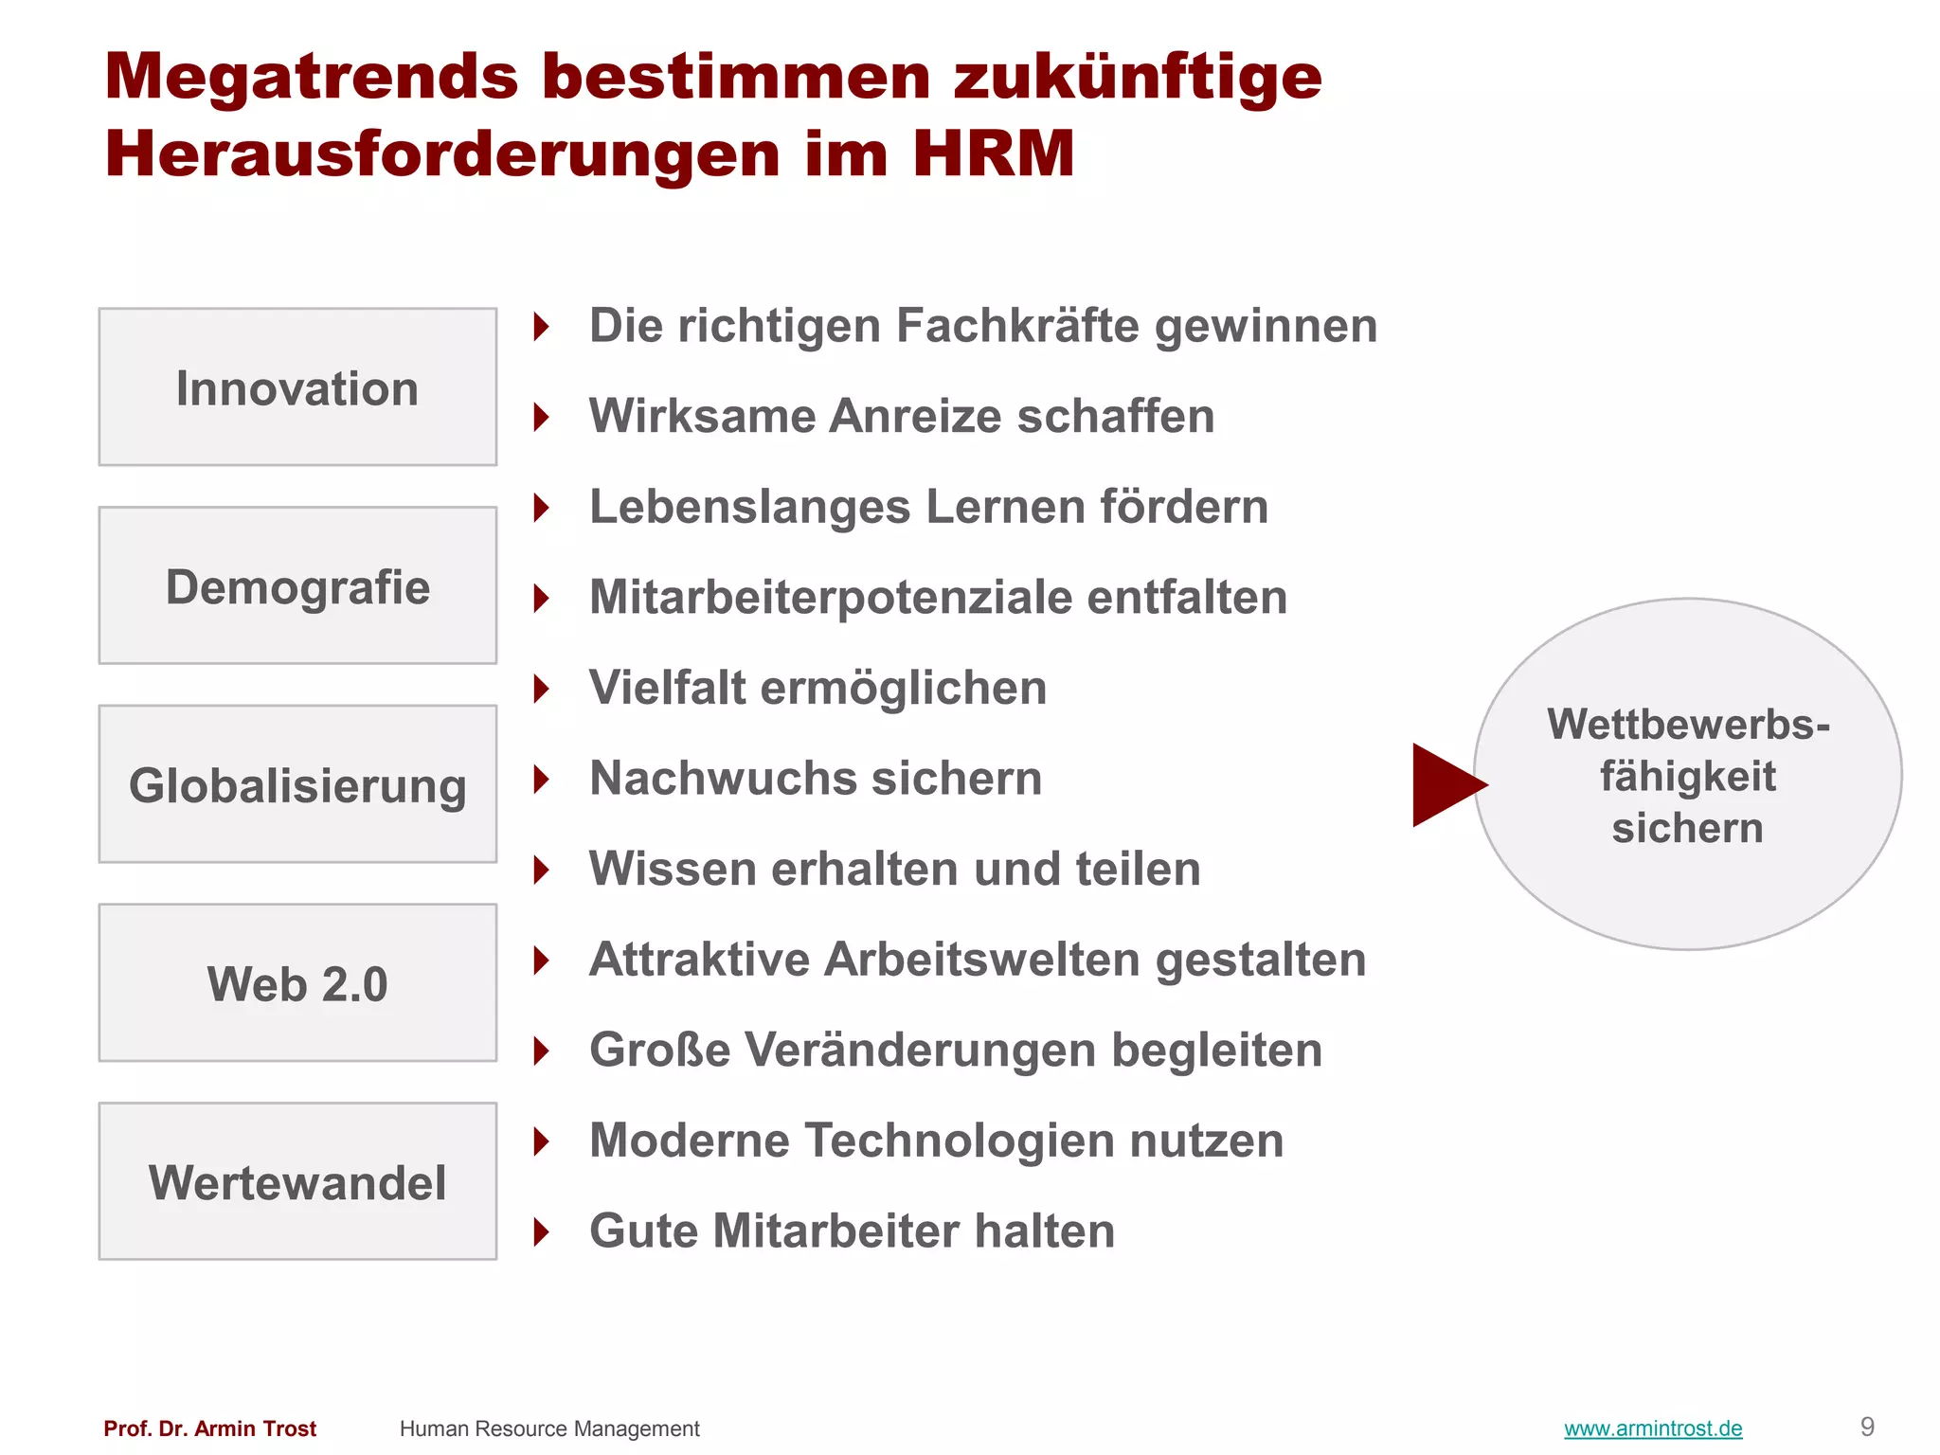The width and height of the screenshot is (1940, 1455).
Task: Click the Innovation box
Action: click(x=297, y=387)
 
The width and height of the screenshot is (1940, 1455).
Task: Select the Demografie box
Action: click(x=297, y=586)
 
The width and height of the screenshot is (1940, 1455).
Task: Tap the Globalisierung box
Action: click(x=297, y=784)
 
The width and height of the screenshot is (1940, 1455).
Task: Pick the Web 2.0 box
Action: click(x=297, y=983)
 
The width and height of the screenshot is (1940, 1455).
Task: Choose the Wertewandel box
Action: click(x=297, y=1181)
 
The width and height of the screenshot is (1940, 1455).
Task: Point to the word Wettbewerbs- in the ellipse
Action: click(x=1688, y=725)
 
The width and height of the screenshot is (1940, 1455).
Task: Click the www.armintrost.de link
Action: click(x=1653, y=1428)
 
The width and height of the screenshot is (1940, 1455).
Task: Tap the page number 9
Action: click(x=1867, y=1427)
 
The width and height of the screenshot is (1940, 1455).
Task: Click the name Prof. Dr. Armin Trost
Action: click(x=210, y=1428)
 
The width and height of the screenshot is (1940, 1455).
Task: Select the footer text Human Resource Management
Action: click(x=549, y=1428)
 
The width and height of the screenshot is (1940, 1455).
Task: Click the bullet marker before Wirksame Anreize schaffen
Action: click(x=542, y=417)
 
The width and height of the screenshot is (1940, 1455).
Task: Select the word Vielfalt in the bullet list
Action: click(x=668, y=688)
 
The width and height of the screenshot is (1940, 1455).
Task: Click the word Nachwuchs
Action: click(x=723, y=779)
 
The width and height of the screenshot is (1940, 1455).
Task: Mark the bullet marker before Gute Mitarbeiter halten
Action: click(x=542, y=1232)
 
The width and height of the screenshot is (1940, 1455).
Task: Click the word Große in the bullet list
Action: click(x=660, y=1051)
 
